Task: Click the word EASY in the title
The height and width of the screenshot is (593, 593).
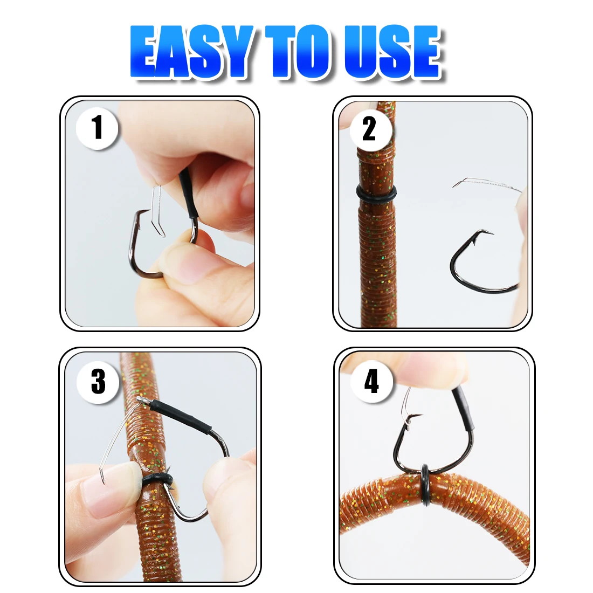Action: coord(192,51)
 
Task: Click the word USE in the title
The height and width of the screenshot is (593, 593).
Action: coord(392,51)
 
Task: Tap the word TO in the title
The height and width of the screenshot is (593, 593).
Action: coord(297,51)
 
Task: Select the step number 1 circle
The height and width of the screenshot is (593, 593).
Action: coord(97,128)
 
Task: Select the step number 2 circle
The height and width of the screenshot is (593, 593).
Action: coord(370,129)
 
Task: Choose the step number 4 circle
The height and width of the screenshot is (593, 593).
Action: coord(371,381)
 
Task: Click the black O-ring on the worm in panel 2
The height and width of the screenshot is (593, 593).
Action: coord(376,194)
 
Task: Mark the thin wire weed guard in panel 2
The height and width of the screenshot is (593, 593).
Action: coord(486,183)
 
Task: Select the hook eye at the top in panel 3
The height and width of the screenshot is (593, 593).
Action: coord(142,401)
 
